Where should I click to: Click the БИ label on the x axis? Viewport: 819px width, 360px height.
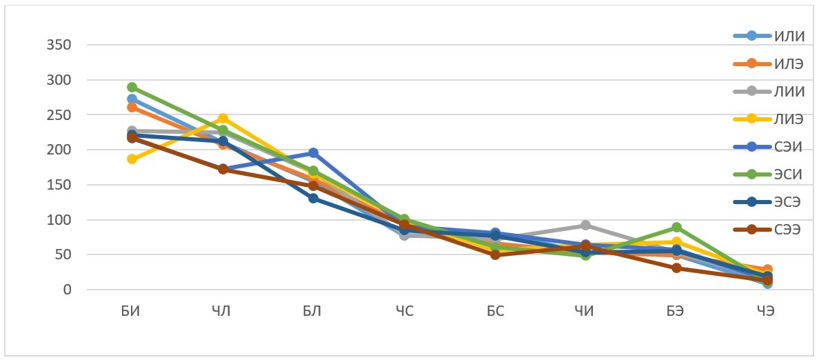pos(131,311)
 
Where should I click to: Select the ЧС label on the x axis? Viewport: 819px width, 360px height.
pos(405,311)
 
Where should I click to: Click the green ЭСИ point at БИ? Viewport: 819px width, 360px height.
pos(132,88)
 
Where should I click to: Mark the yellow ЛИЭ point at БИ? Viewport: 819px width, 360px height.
pos(132,159)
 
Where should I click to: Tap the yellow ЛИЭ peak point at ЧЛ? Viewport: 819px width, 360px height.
pos(223,119)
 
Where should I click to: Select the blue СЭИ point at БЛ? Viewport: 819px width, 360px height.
pos(313,153)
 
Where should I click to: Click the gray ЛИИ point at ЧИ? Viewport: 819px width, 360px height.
pos(585,226)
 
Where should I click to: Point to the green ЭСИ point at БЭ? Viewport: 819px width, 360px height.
pos(676,228)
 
